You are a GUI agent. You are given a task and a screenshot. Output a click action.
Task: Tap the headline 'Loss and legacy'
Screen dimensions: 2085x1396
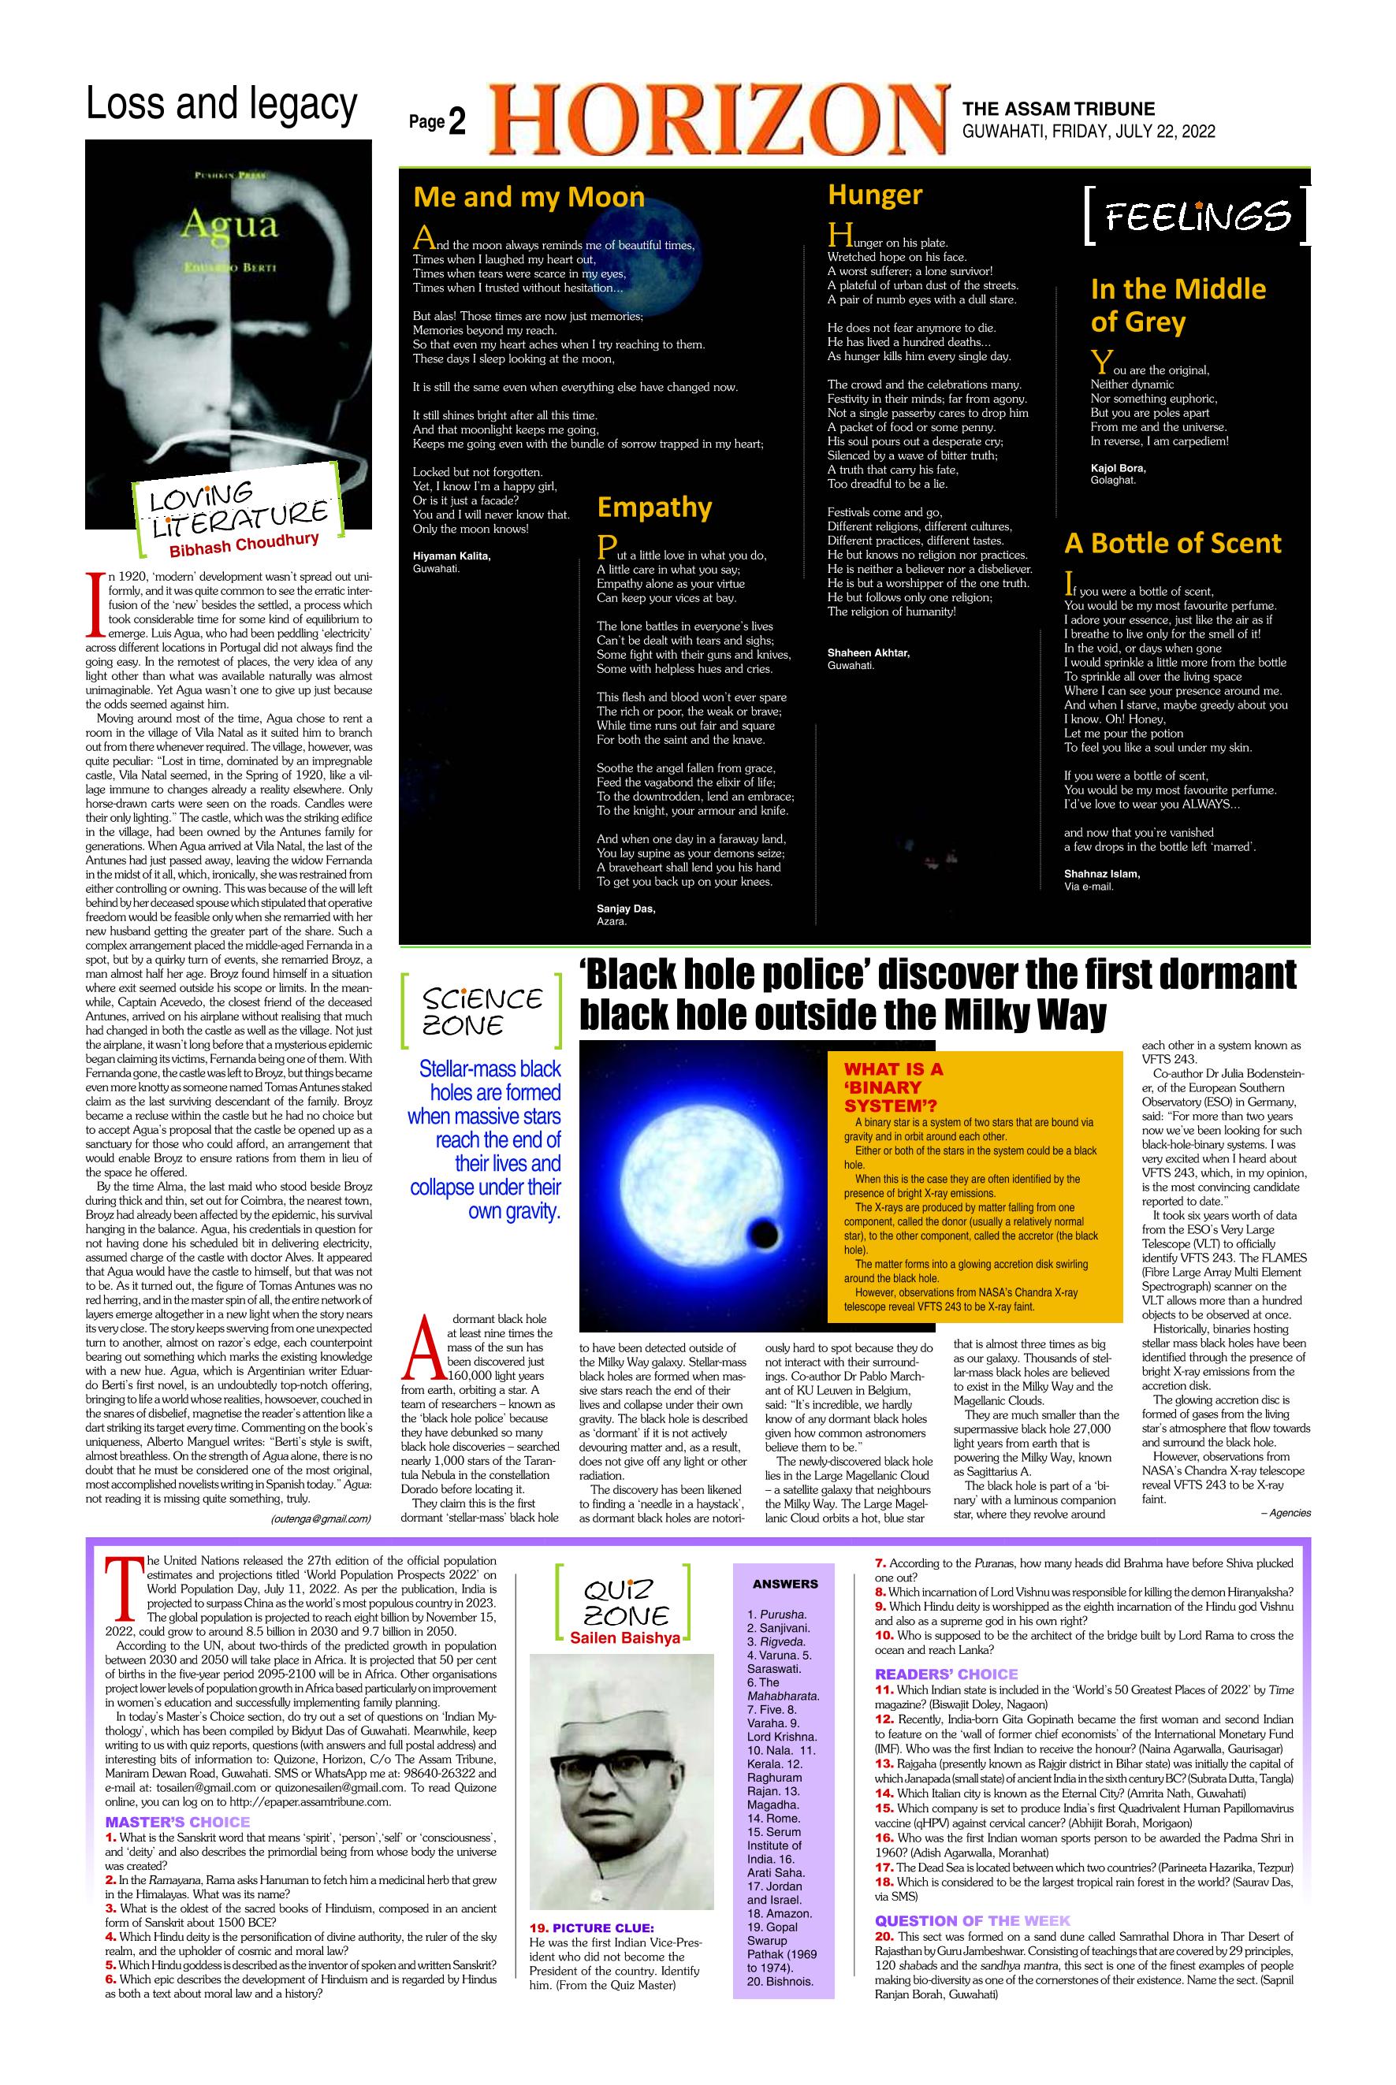[x=221, y=104]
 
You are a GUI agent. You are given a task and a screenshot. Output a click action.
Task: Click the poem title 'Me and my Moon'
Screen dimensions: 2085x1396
[x=529, y=197]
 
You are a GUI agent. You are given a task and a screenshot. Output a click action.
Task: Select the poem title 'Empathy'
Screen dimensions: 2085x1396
[x=654, y=507]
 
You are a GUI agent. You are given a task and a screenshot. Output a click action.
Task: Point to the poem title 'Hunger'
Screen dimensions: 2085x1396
[x=874, y=195]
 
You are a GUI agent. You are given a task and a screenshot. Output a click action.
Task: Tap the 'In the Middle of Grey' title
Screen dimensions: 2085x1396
[x=1177, y=304]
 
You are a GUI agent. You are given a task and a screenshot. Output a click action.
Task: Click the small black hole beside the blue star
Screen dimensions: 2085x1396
[x=762, y=1235]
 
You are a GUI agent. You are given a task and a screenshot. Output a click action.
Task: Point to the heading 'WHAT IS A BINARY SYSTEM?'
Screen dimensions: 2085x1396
[x=894, y=1087]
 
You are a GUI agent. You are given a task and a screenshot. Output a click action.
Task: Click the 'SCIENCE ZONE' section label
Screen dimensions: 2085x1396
[x=482, y=1011]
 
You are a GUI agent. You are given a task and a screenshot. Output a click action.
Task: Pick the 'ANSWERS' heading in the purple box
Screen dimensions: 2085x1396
[x=784, y=1583]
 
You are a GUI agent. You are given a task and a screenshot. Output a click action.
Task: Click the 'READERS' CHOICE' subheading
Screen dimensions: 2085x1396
[x=945, y=1673]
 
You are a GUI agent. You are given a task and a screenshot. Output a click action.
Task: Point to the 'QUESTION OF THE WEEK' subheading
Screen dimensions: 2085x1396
[x=972, y=1920]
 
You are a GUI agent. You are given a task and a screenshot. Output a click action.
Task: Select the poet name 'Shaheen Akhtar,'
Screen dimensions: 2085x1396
[x=868, y=652]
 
